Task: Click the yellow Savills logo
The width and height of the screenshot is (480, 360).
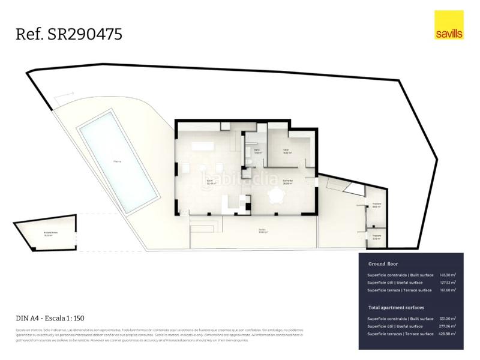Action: coord(449,25)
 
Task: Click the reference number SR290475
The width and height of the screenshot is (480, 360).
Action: coord(69,34)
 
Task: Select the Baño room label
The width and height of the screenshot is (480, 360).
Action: coord(257,151)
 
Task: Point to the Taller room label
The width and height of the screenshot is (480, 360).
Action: coord(287,151)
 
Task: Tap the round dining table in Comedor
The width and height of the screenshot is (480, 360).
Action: coord(277,196)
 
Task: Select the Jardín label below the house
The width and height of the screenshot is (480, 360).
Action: coord(262,230)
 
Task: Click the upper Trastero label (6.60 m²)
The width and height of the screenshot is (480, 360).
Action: coord(376,205)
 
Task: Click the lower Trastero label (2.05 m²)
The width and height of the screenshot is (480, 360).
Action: coord(376,237)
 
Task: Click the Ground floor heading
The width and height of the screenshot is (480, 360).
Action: coord(383,263)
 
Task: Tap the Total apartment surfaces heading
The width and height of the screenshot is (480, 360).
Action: coord(400,307)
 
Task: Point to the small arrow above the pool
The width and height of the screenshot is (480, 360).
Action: coord(64,96)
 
